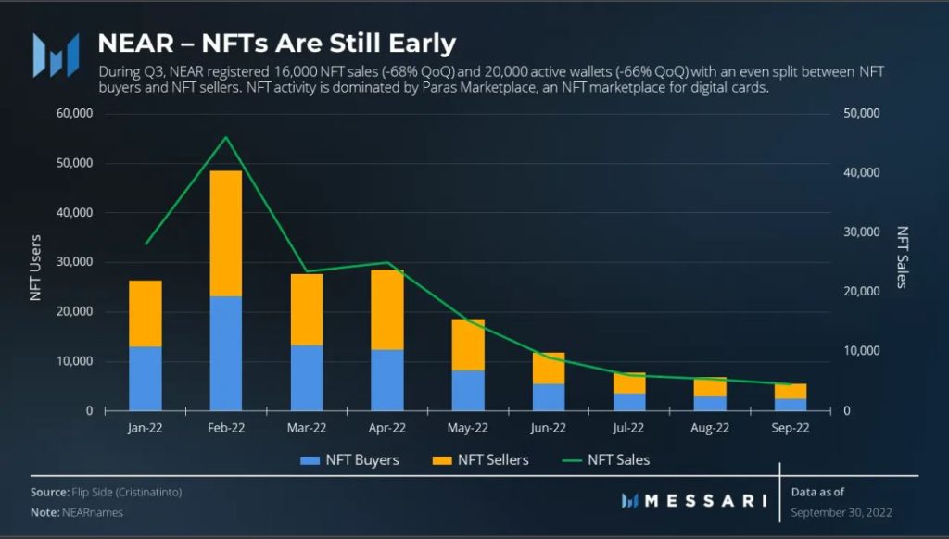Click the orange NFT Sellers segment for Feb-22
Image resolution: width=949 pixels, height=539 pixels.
coord(226,233)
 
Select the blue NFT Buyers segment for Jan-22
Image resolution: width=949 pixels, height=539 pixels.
coord(146,379)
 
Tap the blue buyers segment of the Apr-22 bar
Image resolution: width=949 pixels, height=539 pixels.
coord(387,380)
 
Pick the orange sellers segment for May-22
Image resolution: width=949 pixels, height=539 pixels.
coord(468,345)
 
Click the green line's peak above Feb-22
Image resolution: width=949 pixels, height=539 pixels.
coord(226,137)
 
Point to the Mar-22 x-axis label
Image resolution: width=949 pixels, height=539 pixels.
coord(306,428)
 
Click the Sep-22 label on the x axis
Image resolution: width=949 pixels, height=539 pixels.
coord(790,428)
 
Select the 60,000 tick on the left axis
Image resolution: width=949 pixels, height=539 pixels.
coord(74,113)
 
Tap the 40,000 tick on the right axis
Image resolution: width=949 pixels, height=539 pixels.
coord(862,172)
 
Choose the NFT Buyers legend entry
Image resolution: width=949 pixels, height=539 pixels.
coord(349,459)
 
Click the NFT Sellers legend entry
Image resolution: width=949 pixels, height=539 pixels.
coord(481,459)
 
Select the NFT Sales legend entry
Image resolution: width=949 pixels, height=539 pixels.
coord(606,459)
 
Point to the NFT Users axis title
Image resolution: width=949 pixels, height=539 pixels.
coord(36,268)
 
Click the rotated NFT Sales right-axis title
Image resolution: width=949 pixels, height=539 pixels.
coord(902,257)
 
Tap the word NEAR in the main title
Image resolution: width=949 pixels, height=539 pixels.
coord(136,44)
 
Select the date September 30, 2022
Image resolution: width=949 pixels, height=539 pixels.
coord(841,512)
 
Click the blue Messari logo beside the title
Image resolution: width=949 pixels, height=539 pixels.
coord(56,55)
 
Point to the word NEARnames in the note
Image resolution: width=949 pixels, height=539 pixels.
coord(93,512)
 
